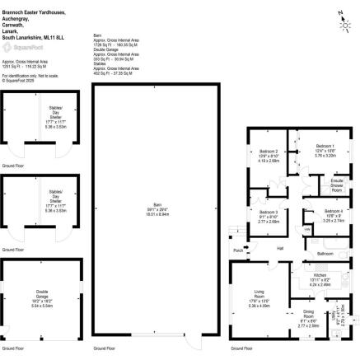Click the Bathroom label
point(325,254)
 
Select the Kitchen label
point(318,276)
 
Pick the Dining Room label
point(308,316)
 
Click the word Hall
point(280,248)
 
